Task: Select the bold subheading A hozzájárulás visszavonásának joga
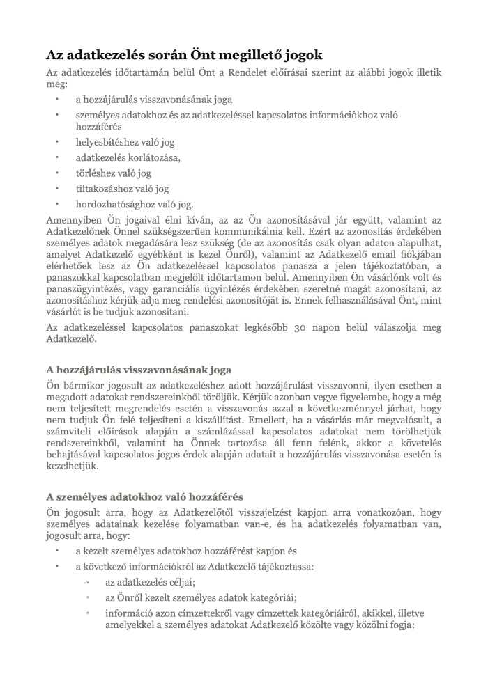(139, 369)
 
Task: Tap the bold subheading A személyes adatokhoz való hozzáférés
(144, 496)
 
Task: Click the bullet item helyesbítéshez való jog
(125, 142)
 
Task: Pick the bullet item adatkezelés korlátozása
(128, 157)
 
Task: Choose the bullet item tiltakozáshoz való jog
(123, 189)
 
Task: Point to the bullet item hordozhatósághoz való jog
(135, 204)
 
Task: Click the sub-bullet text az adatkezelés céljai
(150, 581)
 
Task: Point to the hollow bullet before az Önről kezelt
(88, 597)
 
